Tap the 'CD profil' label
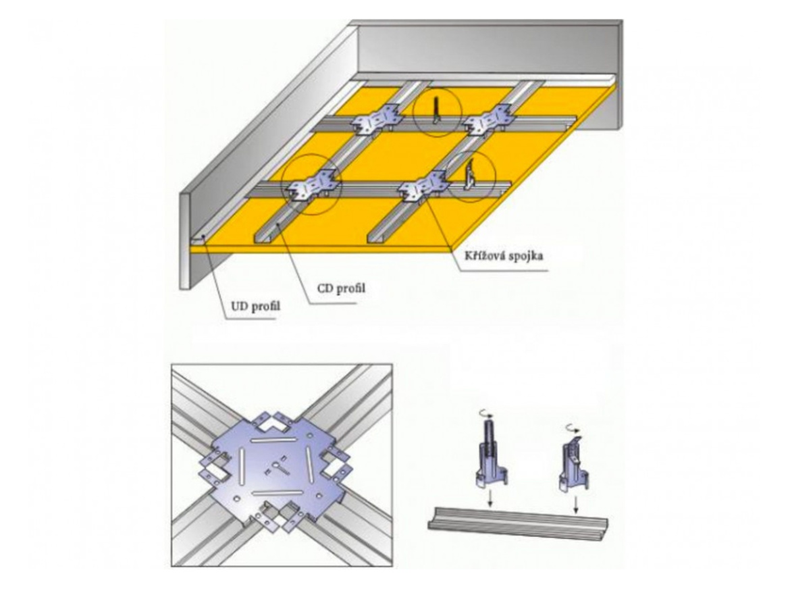pos(341,288)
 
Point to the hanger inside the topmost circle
pos(436,111)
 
